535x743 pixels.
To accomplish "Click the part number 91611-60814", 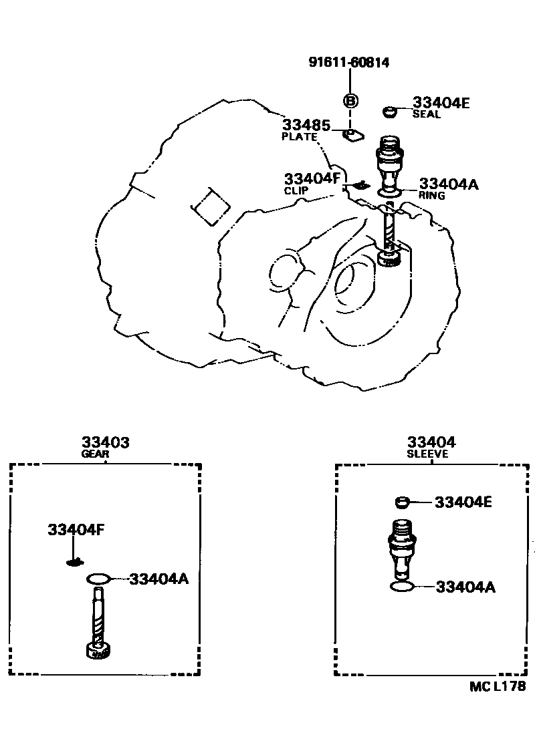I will (x=348, y=62).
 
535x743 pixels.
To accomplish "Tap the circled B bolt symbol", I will (x=350, y=101).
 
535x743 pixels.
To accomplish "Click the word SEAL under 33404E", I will (x=426, y=114).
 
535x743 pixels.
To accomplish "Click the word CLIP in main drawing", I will (x=297, y=190).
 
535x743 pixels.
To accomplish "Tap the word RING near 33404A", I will (x=431, y=196).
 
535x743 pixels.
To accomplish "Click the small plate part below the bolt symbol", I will (x=352, y=136).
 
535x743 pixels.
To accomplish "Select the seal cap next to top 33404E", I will (x=391, y=112).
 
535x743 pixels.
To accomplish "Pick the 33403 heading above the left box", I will (x=106, y=442).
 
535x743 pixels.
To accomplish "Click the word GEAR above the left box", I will (x=95, y=454).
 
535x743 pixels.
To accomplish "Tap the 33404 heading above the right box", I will (x=431, y=442).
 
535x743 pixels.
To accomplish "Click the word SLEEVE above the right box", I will (x=427, y=454).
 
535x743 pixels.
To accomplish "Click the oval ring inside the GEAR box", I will (x=98, y=578).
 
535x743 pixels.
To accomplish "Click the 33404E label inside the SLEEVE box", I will (x=463, y=502).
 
